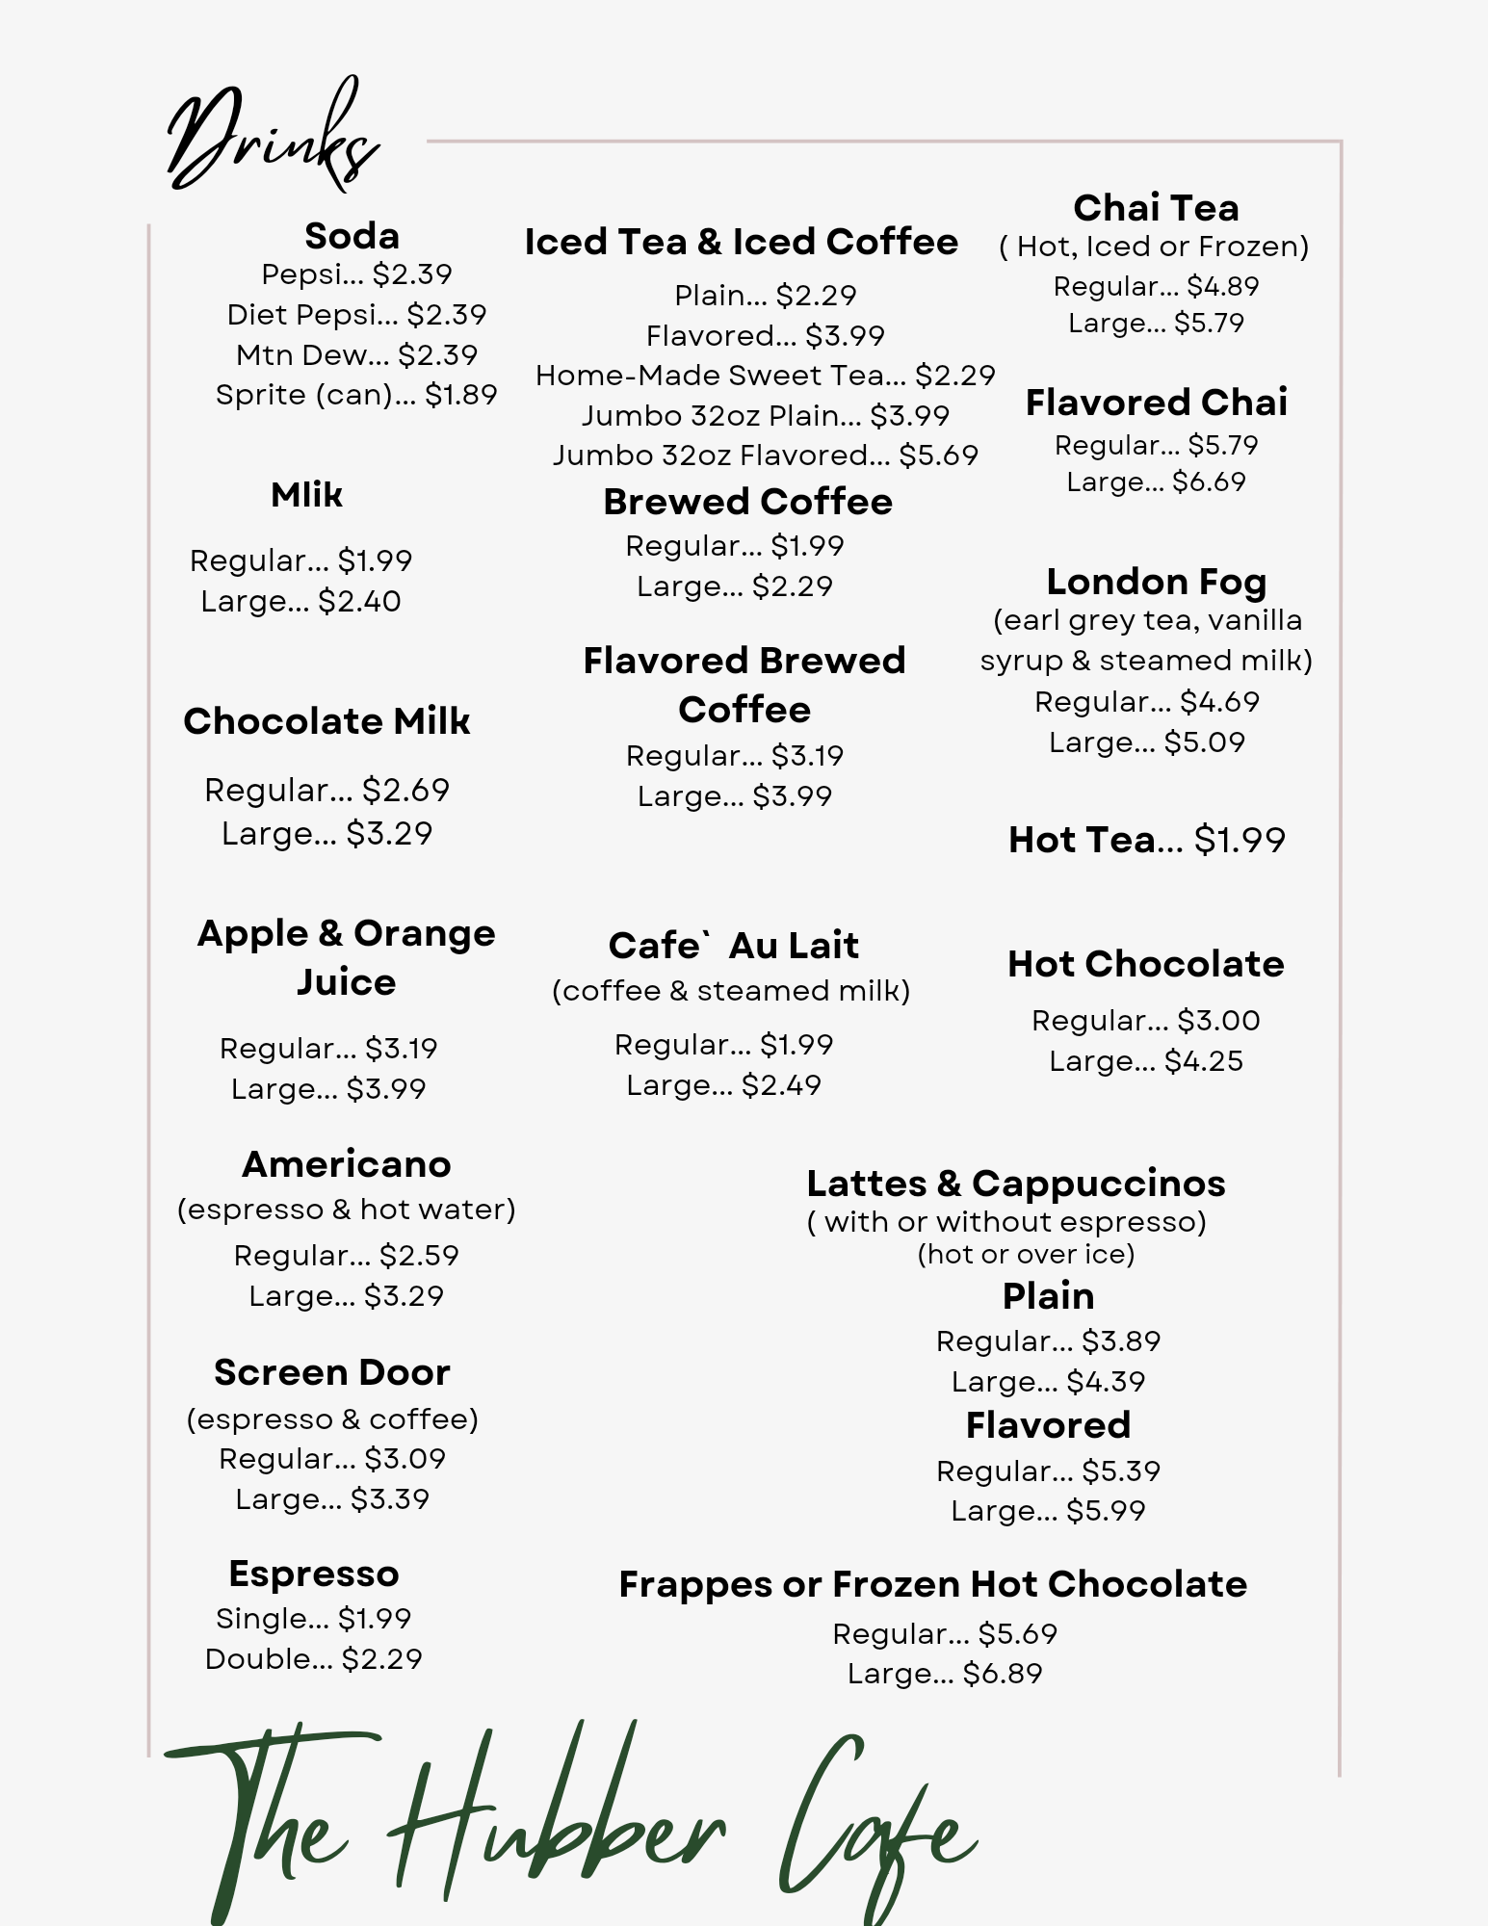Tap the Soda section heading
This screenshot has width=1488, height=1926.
click(352, 236)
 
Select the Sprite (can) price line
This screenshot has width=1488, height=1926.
click(356, 395)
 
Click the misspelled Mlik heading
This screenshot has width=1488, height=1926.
click(306, 495)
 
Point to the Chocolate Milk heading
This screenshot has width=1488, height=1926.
click(326, 721)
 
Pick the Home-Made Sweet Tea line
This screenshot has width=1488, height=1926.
click(765, 376)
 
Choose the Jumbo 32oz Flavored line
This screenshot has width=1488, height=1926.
click(765, 455)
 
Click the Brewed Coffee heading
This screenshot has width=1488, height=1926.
click(747, 502)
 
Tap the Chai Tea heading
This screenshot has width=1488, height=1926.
click(1156, 208)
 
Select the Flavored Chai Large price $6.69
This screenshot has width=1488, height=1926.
click(1209, 481)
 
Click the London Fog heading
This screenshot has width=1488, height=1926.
click(1156, 582)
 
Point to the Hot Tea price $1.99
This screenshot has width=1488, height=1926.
click(1240, 841)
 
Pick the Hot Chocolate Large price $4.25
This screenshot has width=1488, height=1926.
click(1204, 1061)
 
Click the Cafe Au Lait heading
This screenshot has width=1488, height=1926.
click(733, 946)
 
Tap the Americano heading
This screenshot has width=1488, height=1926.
click(346, 1164)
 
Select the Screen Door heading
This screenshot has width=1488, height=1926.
click(331, 1372)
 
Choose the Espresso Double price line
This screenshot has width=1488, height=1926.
click(313, 1658)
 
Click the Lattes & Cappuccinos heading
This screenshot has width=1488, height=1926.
click(1015, 1184)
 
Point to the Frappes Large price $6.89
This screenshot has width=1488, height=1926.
click(1003, 1674)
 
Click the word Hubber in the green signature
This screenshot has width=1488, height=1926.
click(559, 1820)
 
